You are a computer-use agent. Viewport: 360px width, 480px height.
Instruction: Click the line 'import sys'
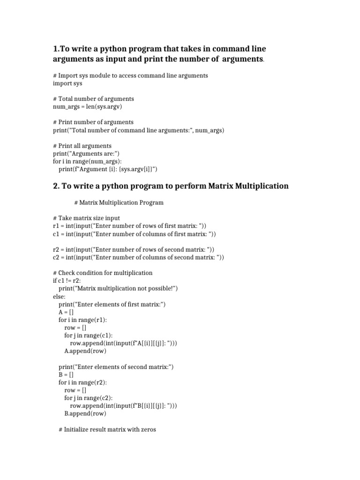point(67,83)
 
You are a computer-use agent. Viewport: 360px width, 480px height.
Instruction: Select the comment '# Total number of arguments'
point(93,99)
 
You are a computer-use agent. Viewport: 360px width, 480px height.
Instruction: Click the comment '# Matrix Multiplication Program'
point(119,202)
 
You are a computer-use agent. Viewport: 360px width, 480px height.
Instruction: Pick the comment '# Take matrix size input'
point(86,218)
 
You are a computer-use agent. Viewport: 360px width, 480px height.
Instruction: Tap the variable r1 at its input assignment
point(56,226)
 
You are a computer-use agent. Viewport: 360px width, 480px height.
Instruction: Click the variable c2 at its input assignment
point(56,257)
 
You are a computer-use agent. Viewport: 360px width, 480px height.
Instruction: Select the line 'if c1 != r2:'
point(67,280)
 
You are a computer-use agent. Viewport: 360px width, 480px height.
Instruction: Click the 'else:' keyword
point(60,296)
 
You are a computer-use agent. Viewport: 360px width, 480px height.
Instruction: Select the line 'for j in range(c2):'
point(88,397)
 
